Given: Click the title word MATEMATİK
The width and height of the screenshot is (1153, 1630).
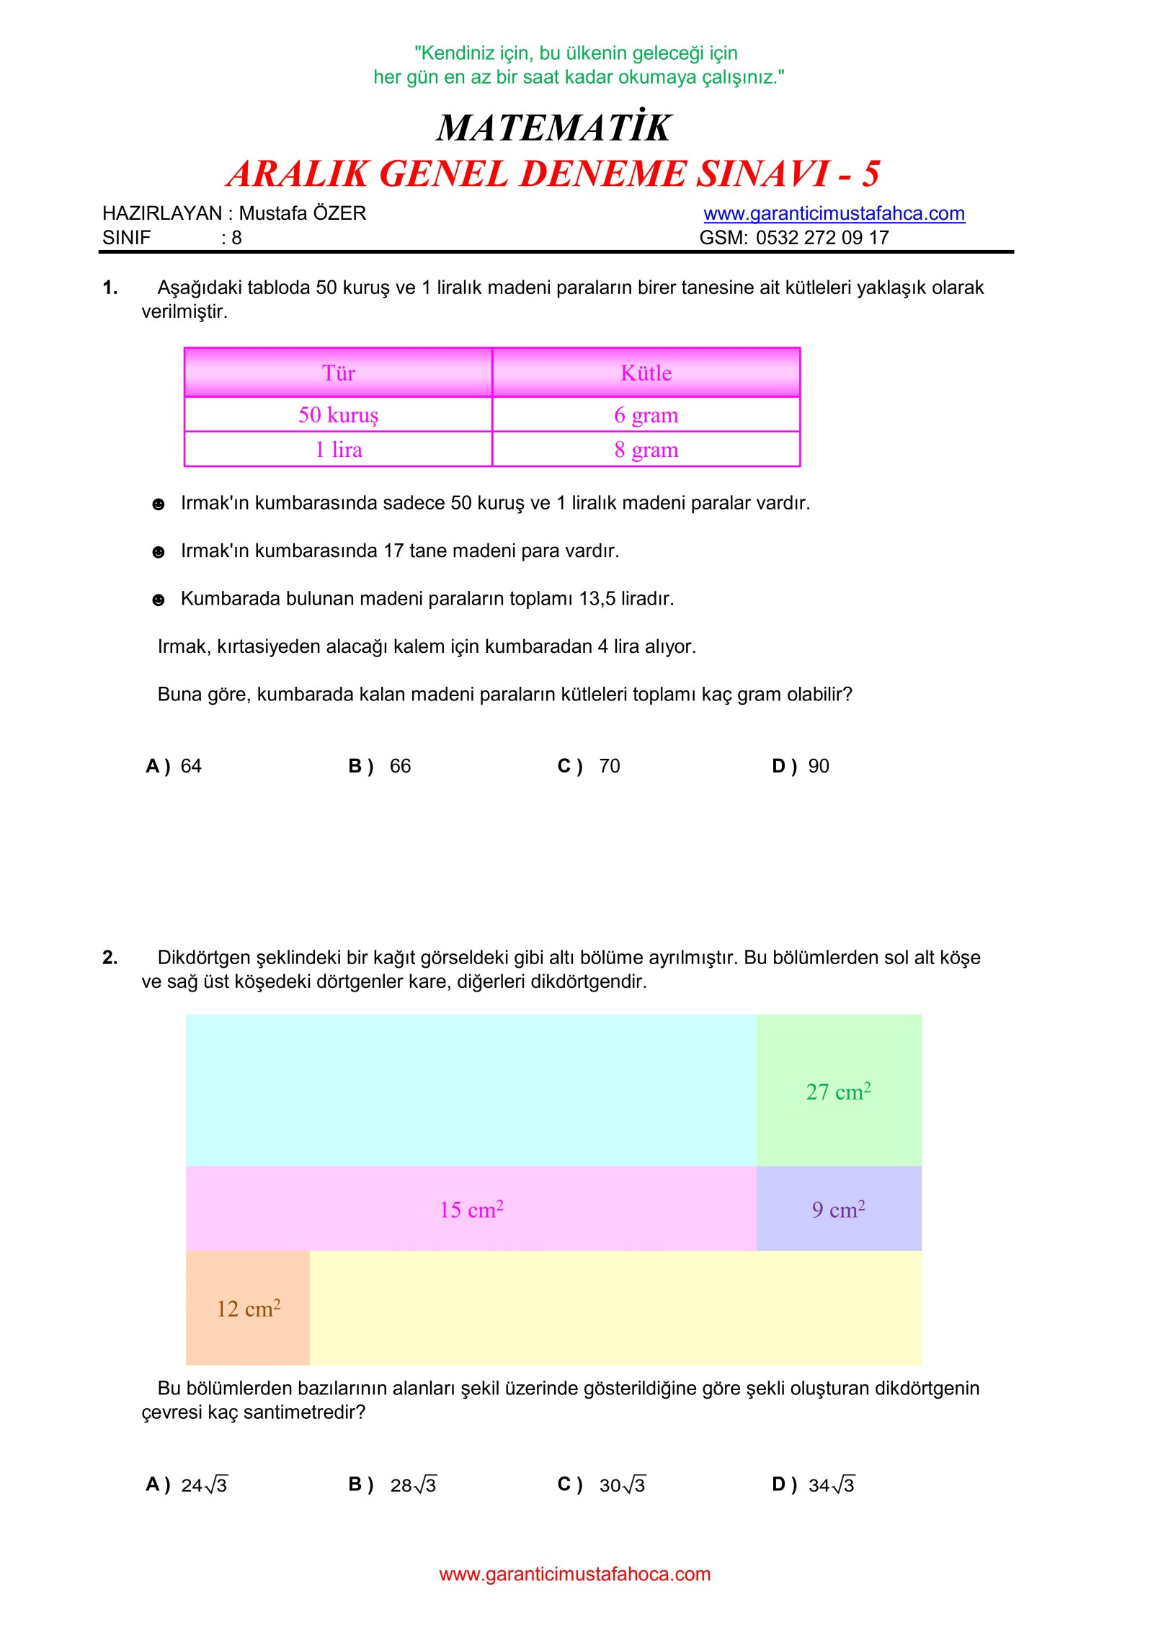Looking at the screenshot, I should (553, 128).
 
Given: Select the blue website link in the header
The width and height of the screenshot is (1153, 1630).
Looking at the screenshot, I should (834, 213).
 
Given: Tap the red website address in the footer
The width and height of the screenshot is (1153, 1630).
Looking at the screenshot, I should (574, 1574).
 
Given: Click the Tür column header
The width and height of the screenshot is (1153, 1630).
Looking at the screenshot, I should (338, 373).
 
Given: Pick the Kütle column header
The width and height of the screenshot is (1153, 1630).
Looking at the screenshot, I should (646, 373).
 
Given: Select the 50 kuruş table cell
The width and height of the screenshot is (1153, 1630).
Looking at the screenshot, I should (338, 414).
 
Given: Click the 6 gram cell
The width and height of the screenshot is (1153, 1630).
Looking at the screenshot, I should (646, 414).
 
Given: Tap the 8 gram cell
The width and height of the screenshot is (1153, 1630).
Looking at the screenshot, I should (646, 449).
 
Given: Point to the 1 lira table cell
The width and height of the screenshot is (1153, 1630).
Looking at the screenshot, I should (338, 449).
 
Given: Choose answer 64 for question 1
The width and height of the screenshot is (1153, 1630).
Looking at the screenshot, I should (190, 765).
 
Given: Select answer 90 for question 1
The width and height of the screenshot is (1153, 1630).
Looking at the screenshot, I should (818, 765).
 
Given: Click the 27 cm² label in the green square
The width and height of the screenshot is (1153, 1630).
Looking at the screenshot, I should (838, 1091).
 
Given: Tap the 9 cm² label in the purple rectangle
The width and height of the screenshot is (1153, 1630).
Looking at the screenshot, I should (838, 1208).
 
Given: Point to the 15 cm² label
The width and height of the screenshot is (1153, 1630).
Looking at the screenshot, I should (471, 1208).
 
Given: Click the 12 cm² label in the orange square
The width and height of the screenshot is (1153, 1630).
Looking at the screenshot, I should (249, 1308).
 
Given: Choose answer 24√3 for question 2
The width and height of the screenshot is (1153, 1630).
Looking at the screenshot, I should (203, 1484).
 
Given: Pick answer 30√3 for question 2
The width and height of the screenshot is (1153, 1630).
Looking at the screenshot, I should (622, 1484).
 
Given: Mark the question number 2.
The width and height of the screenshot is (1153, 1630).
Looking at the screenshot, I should (110, 957).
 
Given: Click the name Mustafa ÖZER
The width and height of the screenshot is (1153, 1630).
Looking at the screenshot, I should (302, 213).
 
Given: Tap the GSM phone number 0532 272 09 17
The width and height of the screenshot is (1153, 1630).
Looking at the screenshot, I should (822, 237).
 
